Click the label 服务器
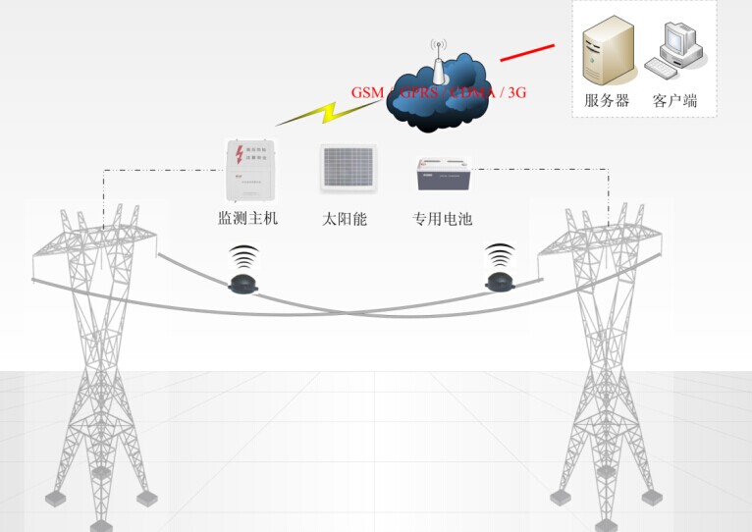tap(607, 99)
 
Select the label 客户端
tap(674, 99)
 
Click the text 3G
tap(514, 92)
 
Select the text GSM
tap(368, 92)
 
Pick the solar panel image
tap(348, 168)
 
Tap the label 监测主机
tap(247, 218)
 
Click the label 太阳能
tap(345, 219)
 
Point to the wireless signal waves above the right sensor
tap(501, 257)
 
